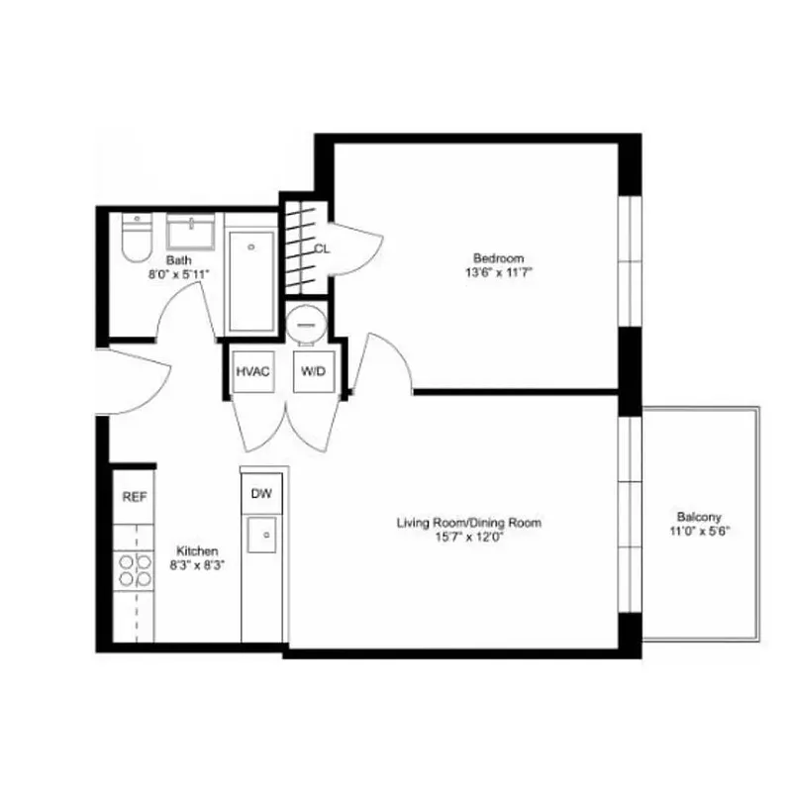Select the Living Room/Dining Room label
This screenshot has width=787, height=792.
click(469, 523)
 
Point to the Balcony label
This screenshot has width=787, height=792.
click(699, 517)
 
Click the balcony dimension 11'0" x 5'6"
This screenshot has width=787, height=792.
click(699, 530)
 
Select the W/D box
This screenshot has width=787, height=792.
click(312, 371)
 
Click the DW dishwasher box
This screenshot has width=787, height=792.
click(260, 493)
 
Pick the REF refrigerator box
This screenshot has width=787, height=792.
click(134, 498)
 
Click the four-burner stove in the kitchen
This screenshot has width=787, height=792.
click(135, 570)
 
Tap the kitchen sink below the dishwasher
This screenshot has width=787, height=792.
click(263, 536)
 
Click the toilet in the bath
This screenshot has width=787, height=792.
click(134, 239)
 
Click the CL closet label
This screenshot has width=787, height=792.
click(322, 248)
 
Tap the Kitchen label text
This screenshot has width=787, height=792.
click(197, 551)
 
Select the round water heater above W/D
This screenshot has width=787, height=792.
click(306, 322)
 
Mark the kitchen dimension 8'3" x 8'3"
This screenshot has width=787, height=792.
click(197, 565)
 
